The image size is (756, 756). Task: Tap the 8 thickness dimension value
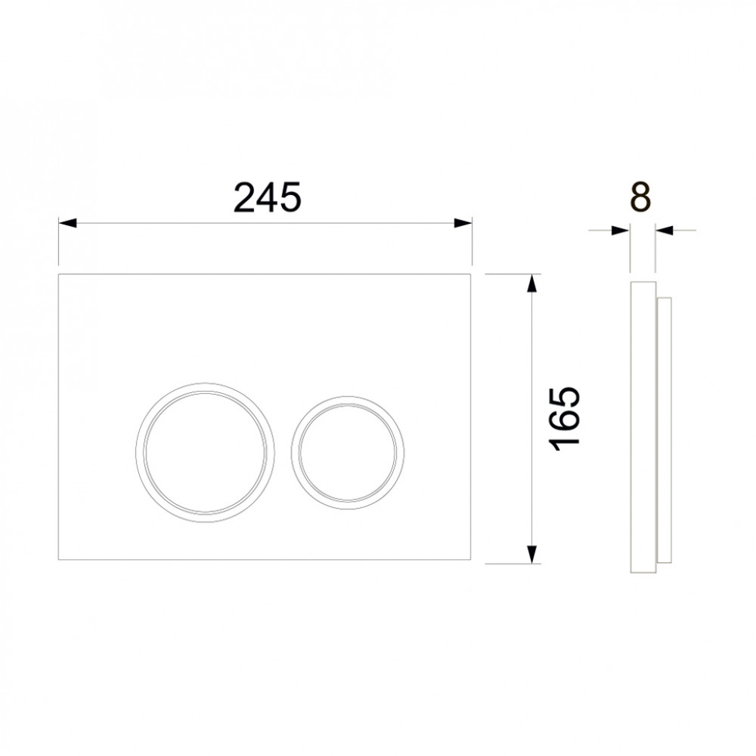pyautogui.click(x=641, y=197)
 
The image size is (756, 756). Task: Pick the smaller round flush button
pyautogui.click(x=348, y=451)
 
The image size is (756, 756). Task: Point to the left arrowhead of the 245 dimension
pyautogui.click(x=67, y=223)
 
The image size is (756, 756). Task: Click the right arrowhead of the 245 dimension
pyautogui.click(x=463, y=223)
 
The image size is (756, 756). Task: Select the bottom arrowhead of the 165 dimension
pyautogui.click(x=531, y=554)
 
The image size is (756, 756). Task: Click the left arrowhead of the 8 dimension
pyautogui.click(x=621, y=231)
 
